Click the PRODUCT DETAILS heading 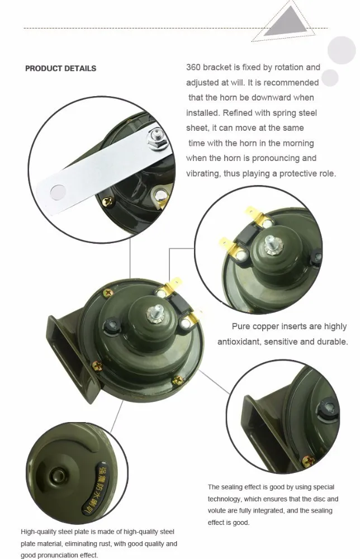point(60,68)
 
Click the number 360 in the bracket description point(193,68)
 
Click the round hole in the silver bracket point(59,192)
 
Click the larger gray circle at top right point(341,50)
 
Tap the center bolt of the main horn point(154,313)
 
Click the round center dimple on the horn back point(56,475)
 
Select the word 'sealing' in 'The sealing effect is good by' point(231,487)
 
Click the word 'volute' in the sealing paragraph point(217,510)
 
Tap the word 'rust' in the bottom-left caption point(103,544)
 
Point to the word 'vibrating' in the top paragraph point(202,174)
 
